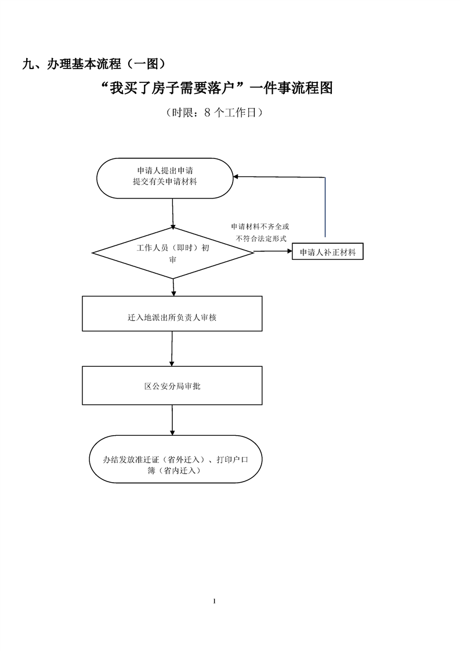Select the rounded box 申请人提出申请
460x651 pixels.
(165, 178)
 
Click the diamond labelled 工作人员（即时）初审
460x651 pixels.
(173, 252)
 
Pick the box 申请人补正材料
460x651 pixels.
(328, 252)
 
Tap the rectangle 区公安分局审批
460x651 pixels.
(172, 385)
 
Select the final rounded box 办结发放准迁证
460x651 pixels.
(176, 458)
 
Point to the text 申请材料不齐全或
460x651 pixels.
(260, 226)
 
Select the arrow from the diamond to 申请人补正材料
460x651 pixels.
(273, 251)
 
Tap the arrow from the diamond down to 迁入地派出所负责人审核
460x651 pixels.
(173, 287)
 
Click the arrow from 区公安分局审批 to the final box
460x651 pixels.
(172, 419)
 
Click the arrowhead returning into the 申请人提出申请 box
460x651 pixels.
(236, 177)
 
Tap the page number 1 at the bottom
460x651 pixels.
(215, 601)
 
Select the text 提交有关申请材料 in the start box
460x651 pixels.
(165, 182)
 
